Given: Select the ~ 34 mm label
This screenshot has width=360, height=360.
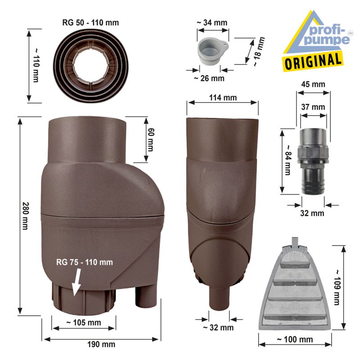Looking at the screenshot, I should pos(211,22).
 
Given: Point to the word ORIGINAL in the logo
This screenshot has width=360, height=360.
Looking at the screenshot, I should pos(312,60).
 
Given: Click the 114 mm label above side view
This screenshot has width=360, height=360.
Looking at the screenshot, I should pos(222,98).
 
